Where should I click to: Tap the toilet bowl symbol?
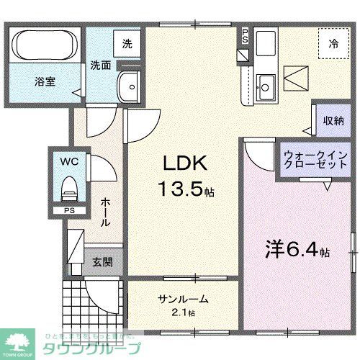70,189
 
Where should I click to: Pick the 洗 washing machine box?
127,43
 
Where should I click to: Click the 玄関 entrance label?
100,262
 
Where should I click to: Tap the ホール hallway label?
106,212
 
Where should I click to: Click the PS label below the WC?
69,210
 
